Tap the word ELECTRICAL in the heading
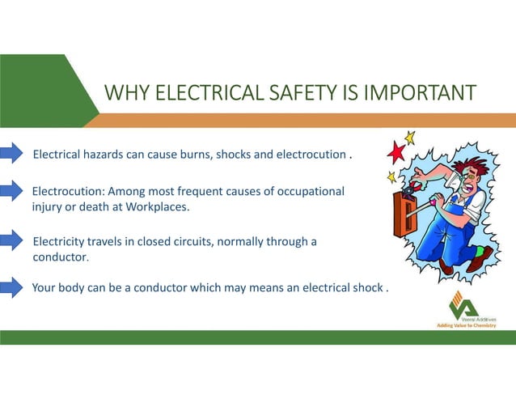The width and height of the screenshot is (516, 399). pyautogui.click(x=197, y=93)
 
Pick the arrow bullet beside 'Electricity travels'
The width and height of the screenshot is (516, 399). pyautogui.click(x=12, y=240)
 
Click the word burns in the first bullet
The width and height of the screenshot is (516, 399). pyautogui.click(x=193, y=155)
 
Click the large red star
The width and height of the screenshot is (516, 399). pyautogui.click(x=397, y=151)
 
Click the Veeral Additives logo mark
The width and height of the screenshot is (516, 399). pyautogui.click(x=463, y=304)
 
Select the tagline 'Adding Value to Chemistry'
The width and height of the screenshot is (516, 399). pyautogui.click(x=466, y=325)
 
